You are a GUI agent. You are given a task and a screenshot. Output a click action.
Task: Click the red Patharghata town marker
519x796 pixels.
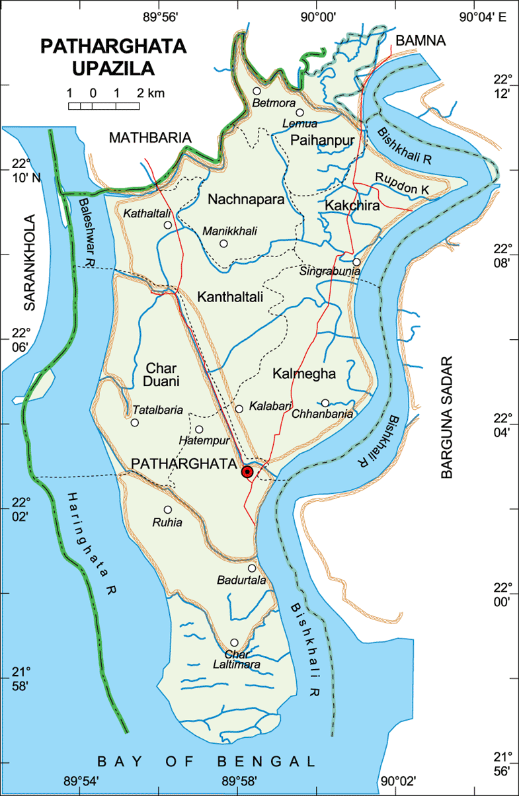pos(247,471)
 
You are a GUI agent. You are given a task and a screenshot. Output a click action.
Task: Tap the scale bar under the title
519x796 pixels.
pos(104,105)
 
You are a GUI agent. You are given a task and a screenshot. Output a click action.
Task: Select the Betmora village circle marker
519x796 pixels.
pos(257,91)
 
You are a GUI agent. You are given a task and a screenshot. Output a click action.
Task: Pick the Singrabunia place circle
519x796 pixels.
pos(356,262)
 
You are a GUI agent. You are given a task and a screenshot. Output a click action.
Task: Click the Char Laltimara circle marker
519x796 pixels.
pos(234,643)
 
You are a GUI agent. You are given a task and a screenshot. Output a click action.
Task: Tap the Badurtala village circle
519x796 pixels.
pos(252,568)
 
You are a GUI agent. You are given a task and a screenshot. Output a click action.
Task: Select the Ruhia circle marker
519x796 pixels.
pos(168,510)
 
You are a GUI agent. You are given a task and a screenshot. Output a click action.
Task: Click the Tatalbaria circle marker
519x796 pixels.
pos(135,422)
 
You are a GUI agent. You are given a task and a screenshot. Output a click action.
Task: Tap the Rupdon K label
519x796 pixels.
pos(402,183)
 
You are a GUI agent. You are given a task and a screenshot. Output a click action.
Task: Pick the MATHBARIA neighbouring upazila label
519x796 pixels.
pos(150,138)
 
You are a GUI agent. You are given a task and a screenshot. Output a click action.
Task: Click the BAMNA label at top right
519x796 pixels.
pos(420,41)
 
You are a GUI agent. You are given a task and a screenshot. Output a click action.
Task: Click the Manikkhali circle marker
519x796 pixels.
pos(223,243)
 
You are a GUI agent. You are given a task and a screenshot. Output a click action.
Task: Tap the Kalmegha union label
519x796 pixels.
pos(304,374)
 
